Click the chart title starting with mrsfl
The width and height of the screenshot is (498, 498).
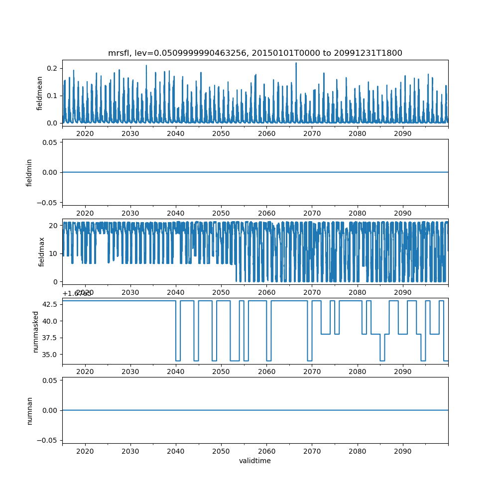pos(255,53)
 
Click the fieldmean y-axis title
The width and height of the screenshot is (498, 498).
pos(39,94)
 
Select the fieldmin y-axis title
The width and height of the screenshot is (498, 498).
pos(29,172)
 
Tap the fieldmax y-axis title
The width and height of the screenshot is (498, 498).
pos(42,251)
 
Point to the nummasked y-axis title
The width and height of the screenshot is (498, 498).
pos(35,332)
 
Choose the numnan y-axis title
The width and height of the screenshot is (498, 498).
pos(29,410)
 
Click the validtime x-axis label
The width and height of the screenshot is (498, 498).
pos(255,461)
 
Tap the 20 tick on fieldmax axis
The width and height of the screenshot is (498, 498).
pos(54,225)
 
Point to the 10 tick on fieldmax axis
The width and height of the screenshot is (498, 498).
pos(54,253)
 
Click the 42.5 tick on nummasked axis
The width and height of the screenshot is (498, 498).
pos(50,304)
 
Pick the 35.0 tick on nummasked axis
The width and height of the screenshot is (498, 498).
pos(50,354)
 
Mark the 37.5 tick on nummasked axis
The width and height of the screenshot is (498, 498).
pos(50,338)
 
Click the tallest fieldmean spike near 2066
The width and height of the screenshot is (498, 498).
pos(296,63)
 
